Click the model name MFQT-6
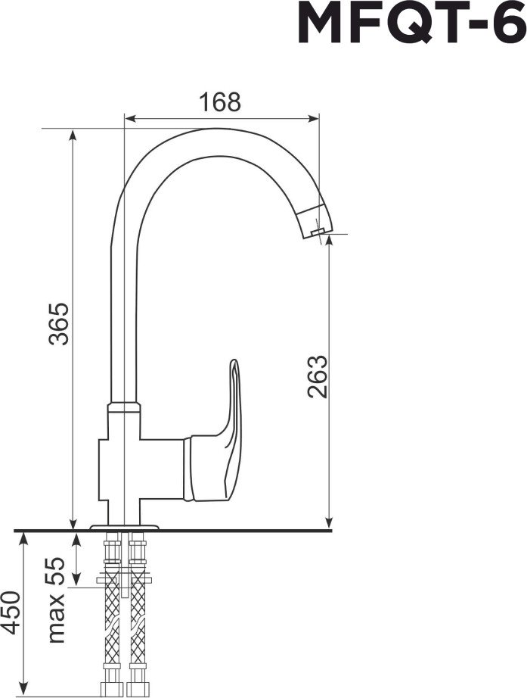(x=411, y=23)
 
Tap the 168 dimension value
(x=219, y=102)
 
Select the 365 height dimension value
(x=59, y=323)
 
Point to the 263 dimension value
(x=317, y=376)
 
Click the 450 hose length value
(x=11, y=612)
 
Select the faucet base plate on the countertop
(x=125, y=527)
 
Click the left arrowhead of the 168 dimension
(x=129, y=118)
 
